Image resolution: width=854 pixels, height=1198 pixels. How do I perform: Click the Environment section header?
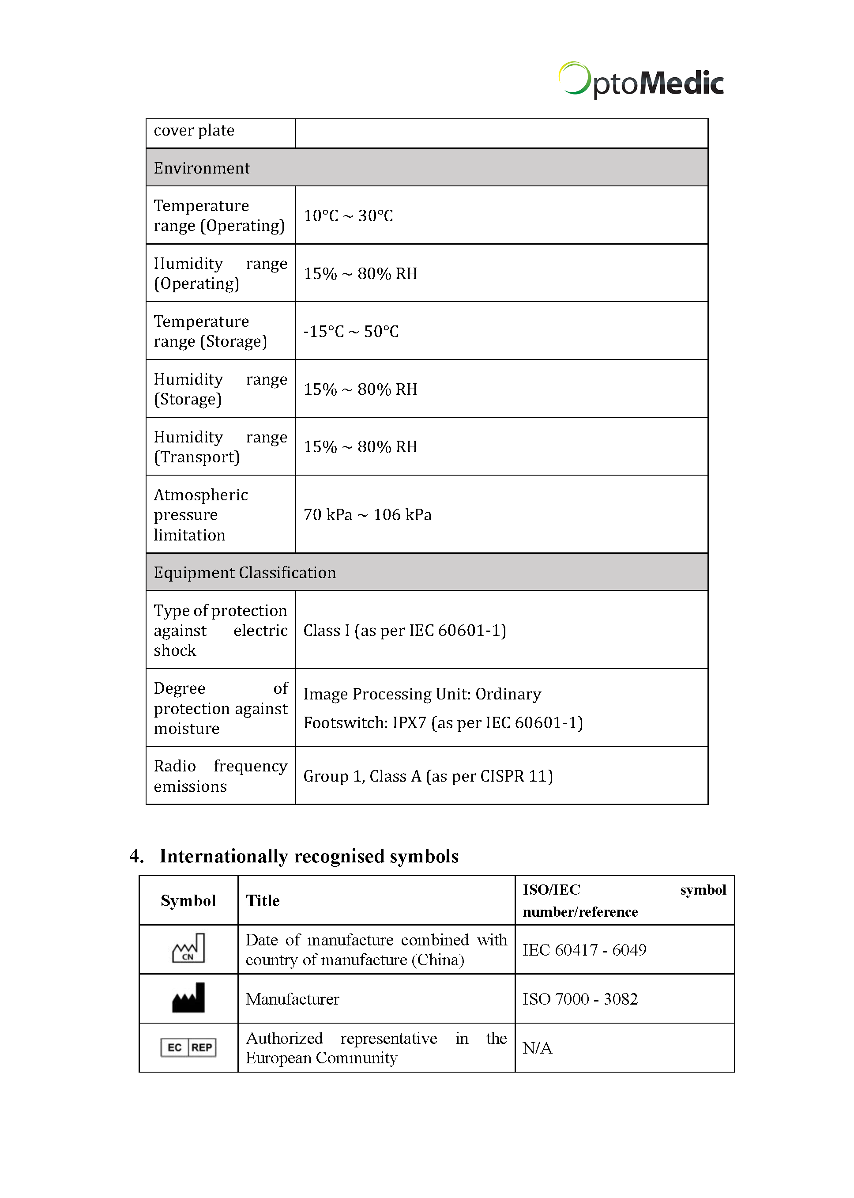click(x=202, y=168)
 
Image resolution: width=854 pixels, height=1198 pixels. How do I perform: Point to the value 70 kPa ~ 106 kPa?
click(x=367, y=514)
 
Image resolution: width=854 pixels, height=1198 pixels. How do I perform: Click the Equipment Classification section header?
click(x=245, y=572)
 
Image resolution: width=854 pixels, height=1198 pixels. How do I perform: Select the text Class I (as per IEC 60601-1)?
click(x=404, y=630)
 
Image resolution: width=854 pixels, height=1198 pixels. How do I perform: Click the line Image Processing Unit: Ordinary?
click(x=422, y=694)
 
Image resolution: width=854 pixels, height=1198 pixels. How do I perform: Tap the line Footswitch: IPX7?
click(x=443, y=723)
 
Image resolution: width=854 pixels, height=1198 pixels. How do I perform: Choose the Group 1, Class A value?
click(x=428, y=776)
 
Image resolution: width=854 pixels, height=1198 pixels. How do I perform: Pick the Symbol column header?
click(x=188, y=901)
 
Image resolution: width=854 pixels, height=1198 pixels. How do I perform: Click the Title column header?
click(x=263, y=901)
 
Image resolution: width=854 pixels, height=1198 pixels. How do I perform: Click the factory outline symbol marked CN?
click(x=188, y=949)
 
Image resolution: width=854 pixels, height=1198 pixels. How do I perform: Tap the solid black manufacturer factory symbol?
click(x=188, y=998)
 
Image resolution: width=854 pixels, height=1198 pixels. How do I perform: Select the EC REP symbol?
click(x=188, y=1047)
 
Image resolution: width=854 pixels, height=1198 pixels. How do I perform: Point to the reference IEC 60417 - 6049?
click(x=584, y=950)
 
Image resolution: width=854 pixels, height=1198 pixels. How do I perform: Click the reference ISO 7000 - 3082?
click(x=579, y=998)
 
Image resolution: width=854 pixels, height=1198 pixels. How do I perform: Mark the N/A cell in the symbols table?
click(x=537, y=1048)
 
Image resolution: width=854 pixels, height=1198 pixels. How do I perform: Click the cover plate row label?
click(x=194, y=130)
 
